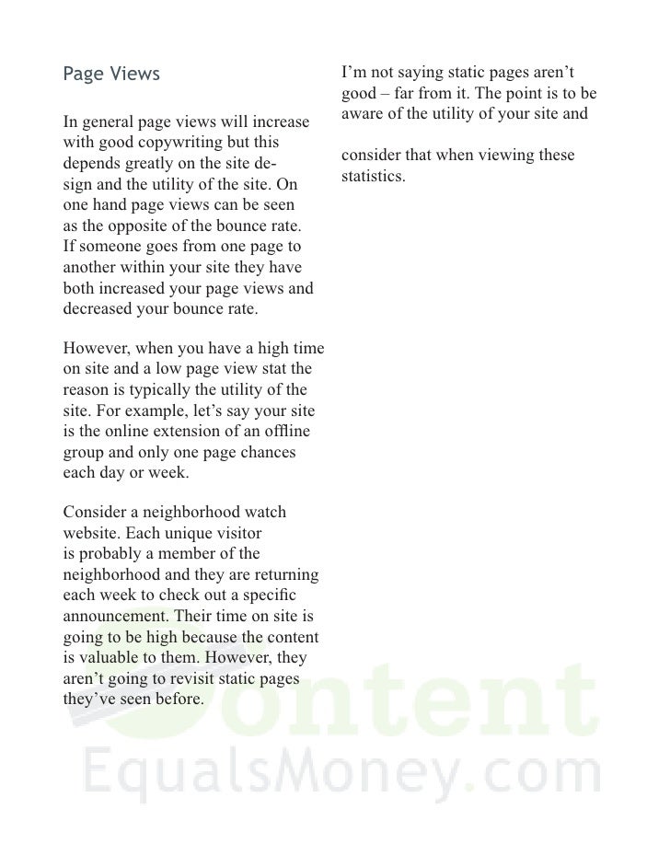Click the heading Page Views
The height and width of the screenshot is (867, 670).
pyautogui.click(x=110, y=74)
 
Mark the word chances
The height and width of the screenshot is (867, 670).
pyautogui.click(x=265, y=453)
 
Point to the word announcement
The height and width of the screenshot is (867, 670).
pyautogui.click(x=116, y=616)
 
